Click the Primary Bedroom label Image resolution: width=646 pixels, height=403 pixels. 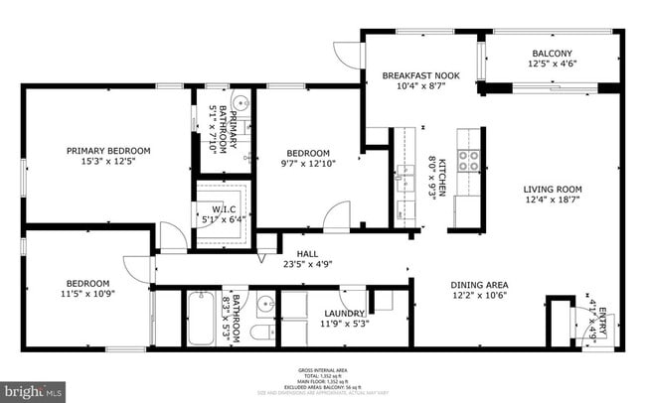[108, 151]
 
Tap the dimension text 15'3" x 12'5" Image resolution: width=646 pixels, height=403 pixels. [108, 162]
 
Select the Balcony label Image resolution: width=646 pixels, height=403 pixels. [552, 54]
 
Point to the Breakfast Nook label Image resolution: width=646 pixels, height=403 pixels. [421, 75]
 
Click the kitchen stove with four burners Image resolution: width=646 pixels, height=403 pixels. [468, 158]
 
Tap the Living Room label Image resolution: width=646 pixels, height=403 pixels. [554, 189]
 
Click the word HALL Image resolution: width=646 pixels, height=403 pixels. [293, 253]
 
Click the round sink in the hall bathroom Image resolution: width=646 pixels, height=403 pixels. [265, 304]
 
